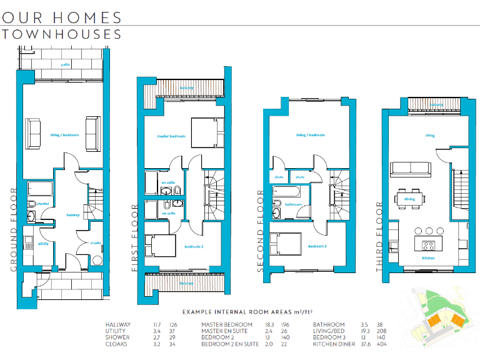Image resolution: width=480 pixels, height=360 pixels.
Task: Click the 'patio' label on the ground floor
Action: click(x=65, y=64)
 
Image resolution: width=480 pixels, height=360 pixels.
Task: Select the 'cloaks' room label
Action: click(x=96, y=244)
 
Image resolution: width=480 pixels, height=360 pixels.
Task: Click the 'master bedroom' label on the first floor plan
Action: click(x=171, y=137)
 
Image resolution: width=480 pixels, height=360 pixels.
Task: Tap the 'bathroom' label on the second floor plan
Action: click(x=294, y=204)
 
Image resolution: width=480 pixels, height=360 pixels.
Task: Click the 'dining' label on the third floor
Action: click(x=409, y=199)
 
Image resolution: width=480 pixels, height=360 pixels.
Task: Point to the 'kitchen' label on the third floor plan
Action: click(x=428, y=257)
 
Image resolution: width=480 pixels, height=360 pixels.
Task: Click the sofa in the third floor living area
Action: click(x=409, y=167)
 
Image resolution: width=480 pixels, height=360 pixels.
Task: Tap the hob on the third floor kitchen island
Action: click(x=429, y=244)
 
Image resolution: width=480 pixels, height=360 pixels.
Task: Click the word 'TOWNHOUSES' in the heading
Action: click(x=62, y=34)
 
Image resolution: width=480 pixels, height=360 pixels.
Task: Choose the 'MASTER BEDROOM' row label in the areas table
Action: click(x=227, y=325)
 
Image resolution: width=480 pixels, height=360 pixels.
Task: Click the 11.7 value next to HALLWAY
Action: click(x=158, y=325)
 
